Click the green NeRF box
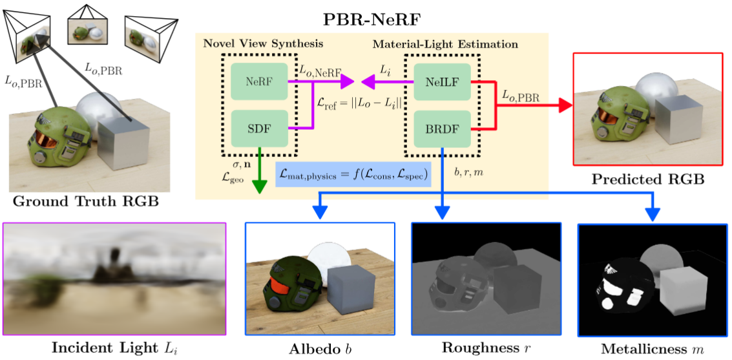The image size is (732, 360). [x=259, y=81]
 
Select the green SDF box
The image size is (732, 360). [x=259, y=128]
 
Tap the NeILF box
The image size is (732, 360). [x=442, y=81]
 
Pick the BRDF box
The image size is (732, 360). [x=442, y=128]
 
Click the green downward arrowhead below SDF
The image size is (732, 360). [x=259, y=186]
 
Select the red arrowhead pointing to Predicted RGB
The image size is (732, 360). [x=564, y=105]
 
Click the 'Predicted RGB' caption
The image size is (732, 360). [x=648, y=179]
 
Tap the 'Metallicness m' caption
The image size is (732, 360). [x=652, y=348]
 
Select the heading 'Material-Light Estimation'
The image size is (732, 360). [x=446, y=45]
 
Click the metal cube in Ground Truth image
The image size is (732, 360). [x=123, y=143]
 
